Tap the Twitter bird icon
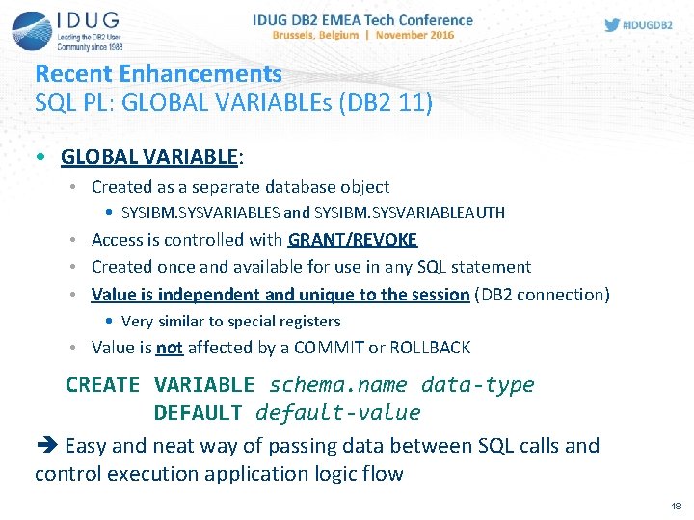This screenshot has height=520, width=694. pyautogui.click(x=612, y=24)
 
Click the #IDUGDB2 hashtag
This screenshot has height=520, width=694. pyautogui.click(x=649, y=24)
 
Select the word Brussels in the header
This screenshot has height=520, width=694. pyautogui.click(x=299, y=35)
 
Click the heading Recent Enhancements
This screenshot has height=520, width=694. pyautogui.click(x=158, y=73)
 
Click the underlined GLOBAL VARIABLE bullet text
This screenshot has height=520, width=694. pyautogui.click(x=148, y=156)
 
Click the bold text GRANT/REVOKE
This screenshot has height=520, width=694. pyautogui.click(x=352, y=240)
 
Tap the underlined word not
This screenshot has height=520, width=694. pyautogui.click(x=170, y=348)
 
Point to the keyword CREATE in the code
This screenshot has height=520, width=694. pyautogui.click(x=103, y=385)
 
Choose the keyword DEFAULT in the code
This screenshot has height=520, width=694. pyautogui.click(x=198, y=413)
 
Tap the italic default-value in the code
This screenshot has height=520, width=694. pyautogui.click(x=337, y=413)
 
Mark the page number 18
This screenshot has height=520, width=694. pyautogui.click(x=675, y=506)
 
